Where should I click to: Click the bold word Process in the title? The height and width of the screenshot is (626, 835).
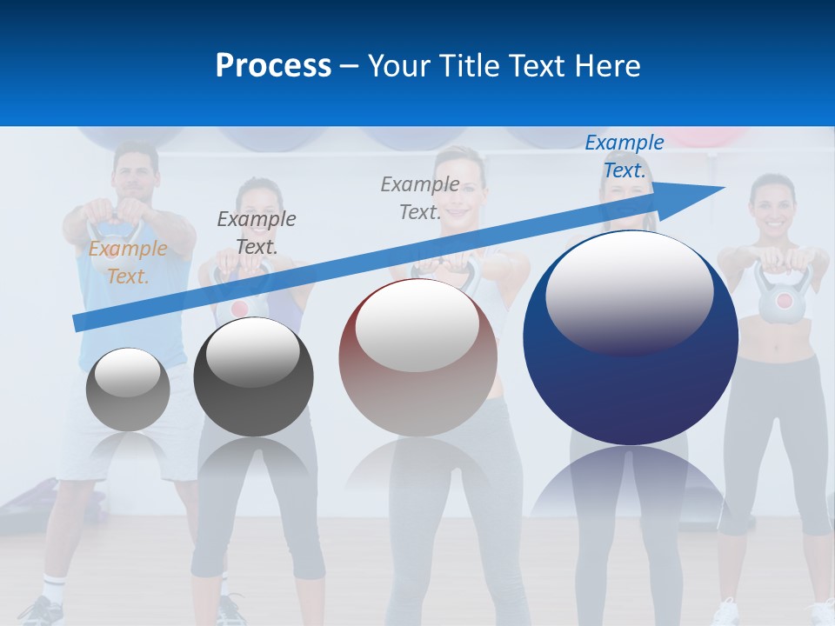273,65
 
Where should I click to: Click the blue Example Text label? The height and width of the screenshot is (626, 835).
625,156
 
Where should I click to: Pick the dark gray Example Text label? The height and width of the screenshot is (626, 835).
257,232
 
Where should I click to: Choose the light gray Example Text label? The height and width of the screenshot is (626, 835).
420,197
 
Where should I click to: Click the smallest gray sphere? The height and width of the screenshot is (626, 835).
128,390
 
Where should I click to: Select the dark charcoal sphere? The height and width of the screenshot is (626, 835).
253,376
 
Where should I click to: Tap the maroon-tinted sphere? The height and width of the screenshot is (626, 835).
417,357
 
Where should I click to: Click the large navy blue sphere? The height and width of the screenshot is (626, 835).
631,383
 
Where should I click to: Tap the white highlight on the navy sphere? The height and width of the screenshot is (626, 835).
629,291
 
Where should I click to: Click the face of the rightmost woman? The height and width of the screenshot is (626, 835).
772,205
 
